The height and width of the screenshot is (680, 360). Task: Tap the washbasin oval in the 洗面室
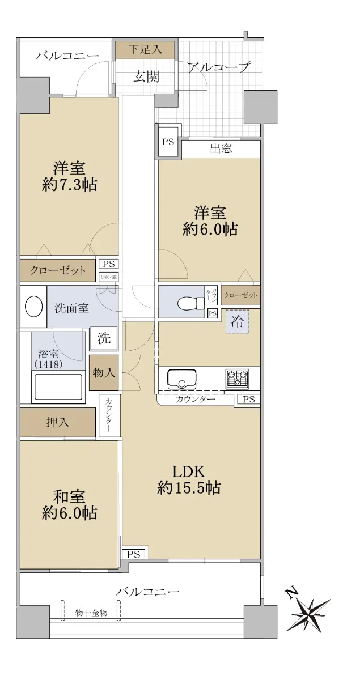point(33,307)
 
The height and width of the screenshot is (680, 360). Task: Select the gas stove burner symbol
point(237,379)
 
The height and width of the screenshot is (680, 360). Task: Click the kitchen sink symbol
point(181,379)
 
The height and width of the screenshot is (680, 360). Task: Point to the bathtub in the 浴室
point(58,388)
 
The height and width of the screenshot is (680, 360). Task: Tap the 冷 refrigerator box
point(237,322)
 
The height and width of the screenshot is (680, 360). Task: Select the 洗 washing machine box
point(104,338)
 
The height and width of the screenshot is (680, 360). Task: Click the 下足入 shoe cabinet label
point(145,49)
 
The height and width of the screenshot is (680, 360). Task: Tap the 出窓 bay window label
point(221,148)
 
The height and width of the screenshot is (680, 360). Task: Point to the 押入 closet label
point(58,422)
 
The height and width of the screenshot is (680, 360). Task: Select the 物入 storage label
point(104,372)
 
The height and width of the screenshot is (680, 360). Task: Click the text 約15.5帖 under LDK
point(189,487)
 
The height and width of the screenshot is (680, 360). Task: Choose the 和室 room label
point(69,496)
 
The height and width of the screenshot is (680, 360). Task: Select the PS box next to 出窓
point(168,142)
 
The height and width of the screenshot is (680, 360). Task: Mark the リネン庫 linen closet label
point(109,277)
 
